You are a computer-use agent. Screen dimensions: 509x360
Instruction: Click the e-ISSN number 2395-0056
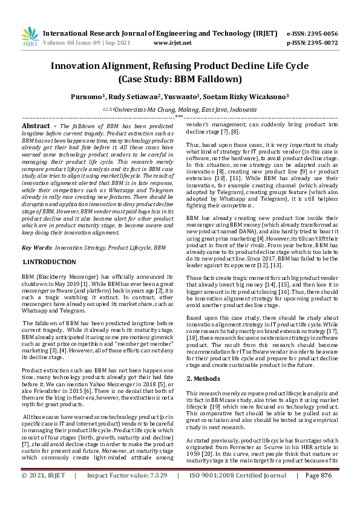321,33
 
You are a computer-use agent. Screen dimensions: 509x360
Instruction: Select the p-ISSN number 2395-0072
321,43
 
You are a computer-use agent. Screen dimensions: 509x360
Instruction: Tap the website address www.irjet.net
172,43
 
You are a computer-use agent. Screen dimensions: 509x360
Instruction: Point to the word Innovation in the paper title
81,66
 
